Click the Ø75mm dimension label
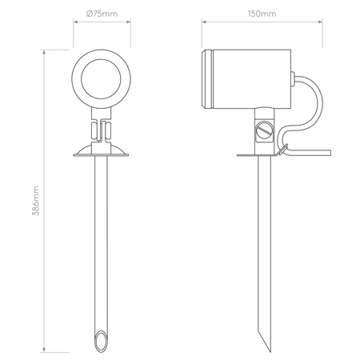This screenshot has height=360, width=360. [x=102, y=14]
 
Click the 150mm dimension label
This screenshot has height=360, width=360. [x=262, y=14]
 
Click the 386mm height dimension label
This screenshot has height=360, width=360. [x=35, y=201]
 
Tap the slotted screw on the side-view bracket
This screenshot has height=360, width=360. [x=264, y=130]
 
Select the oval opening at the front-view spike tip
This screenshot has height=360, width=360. [x=101, y=341]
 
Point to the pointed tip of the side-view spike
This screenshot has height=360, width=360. [x=270, y=351]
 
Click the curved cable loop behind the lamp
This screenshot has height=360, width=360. [x=322, y=102]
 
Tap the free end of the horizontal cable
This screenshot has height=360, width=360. [x=330, y=153]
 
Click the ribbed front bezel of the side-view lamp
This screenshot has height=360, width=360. [x=207, y=79]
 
